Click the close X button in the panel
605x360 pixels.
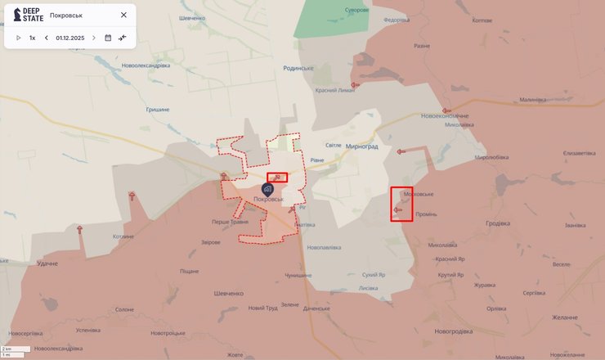pos(123,15)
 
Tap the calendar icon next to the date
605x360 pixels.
pos(108,38)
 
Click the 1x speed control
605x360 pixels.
pos(33,38)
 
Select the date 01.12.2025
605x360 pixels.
pos(70,38)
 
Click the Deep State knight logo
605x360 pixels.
pos(16,15)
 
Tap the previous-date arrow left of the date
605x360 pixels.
pos(47,38)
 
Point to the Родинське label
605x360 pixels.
pos(298,69)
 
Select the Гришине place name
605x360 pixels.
pos(158,109)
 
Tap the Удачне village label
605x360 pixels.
pos(47,263)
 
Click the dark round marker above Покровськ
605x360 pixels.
pos(267,189)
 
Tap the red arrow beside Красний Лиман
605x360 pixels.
pos(356,84)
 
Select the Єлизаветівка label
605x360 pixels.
pos(560,153)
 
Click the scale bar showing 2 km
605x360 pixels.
pos(16,349)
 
